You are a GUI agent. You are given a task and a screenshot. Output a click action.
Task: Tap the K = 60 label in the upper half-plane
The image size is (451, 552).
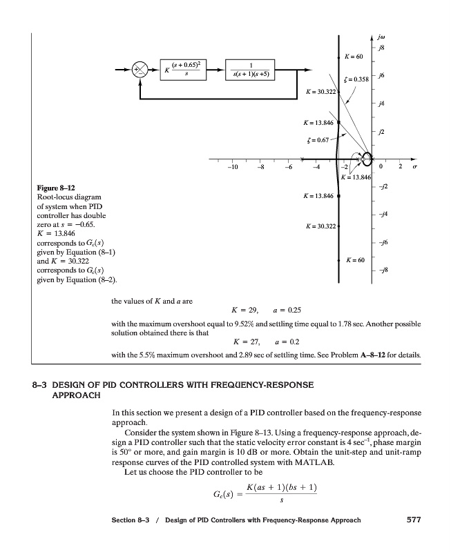pos(354,55)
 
